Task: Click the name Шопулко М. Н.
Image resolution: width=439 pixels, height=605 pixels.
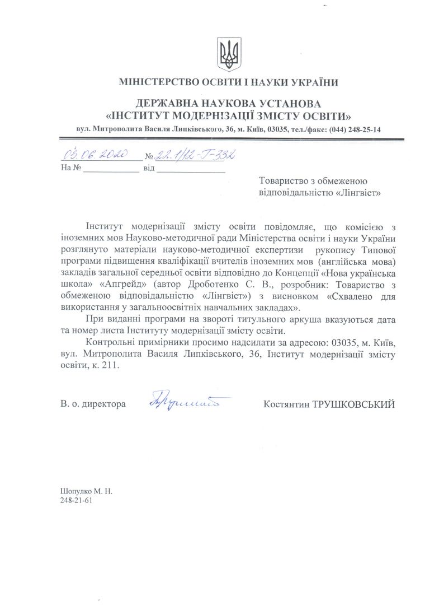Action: click(x=86, y=491)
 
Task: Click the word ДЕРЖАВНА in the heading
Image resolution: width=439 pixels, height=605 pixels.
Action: click(x=172, y=104)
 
